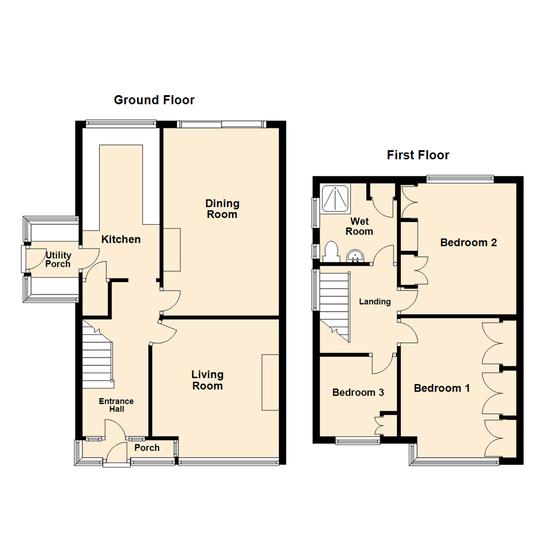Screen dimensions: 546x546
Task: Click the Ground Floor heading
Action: (154, 100)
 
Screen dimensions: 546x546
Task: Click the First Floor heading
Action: (418, 155)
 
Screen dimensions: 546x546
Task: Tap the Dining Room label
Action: (222, 209)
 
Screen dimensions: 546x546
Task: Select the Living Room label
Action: (207, 380)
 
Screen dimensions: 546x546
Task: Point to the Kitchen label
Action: (121, 239)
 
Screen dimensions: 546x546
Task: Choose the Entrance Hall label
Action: (116, 405)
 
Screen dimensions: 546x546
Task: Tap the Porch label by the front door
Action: (147, 447)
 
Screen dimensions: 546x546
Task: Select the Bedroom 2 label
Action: (468, 242)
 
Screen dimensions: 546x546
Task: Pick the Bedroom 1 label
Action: (442, 388)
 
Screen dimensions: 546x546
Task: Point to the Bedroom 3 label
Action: (357, 392)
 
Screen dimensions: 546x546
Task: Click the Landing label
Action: (375, 302)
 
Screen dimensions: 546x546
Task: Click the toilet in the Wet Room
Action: (331, 252)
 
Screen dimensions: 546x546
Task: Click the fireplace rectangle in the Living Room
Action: (270, 382)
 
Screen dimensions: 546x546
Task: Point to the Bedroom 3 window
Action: (358, 441)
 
